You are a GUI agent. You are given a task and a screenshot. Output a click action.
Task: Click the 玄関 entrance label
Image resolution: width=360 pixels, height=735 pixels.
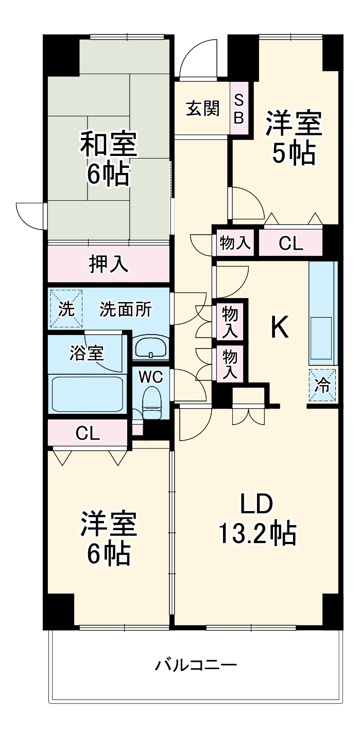(x=202, y=109)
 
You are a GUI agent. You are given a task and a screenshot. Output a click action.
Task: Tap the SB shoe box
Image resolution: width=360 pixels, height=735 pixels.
(x=239, y=109)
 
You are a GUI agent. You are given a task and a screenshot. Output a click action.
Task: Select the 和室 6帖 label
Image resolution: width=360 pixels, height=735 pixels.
(x=108, y=160)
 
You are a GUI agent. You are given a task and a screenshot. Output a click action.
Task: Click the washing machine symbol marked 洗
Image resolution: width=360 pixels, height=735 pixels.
(x=66, y=309)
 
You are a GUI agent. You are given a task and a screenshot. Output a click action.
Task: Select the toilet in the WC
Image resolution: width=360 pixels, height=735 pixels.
(x=152, y=402)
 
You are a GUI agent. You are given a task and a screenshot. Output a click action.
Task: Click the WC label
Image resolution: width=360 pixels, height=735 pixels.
(x=151, y=377)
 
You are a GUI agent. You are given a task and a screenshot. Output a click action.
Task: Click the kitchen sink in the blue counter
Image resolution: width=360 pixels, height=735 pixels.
(x=322, y=337)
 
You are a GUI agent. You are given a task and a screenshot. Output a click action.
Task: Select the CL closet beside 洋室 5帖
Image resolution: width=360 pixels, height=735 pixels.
(x=291, y=243)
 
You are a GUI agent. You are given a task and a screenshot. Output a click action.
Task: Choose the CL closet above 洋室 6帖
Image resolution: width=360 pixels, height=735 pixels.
(x=88, y=434)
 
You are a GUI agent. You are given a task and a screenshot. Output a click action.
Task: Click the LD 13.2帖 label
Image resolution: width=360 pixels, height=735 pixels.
(x=258, y=520)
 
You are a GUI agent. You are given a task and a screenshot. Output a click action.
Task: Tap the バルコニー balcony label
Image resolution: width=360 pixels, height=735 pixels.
(x=196, y=666)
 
